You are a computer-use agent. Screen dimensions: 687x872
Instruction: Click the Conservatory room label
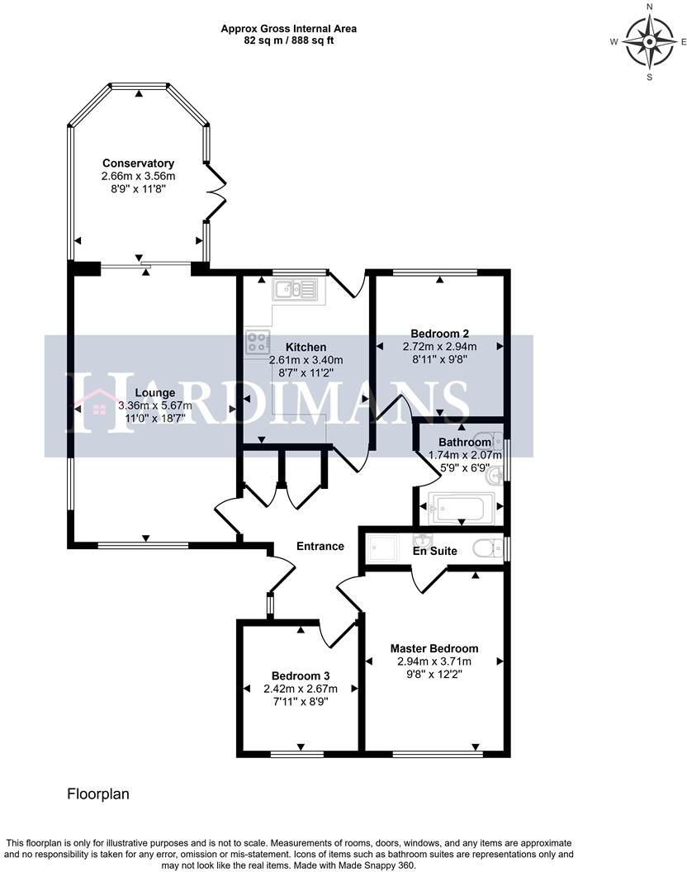coord(138,163)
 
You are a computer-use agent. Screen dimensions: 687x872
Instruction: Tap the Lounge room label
coord(154,393)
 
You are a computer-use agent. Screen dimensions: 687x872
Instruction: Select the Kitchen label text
coord(306,348)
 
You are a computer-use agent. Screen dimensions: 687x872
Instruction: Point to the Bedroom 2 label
coord(439,334)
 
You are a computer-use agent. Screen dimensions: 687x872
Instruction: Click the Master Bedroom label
coord(434,648)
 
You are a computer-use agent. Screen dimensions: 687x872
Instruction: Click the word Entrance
coord(320,546)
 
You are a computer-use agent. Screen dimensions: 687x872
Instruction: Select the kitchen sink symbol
coord(294,289)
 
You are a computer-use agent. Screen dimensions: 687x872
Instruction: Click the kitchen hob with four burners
coord(258,343)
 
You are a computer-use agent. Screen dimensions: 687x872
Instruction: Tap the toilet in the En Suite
coord(486,547)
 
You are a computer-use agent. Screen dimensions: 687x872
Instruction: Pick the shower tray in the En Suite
coord(381,547)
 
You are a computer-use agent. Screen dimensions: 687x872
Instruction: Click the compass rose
coord(649,42)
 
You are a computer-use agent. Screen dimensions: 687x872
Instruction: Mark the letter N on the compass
coord(649,7)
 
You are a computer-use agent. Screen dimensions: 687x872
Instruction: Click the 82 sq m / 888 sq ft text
coord(288,40)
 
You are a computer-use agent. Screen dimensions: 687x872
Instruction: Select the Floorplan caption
coord(98,794)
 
